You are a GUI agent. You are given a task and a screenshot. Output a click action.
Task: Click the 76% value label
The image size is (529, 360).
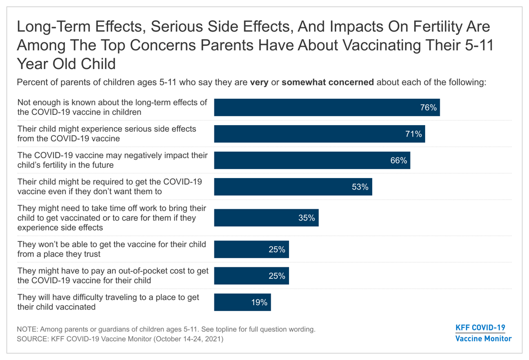[x=428, y=108]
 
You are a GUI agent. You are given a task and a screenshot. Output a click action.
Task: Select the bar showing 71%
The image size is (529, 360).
[x=319, y=134]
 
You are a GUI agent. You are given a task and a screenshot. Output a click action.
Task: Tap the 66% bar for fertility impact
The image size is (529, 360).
[x=312, y=161]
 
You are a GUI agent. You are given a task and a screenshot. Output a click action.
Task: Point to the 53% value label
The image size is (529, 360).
[x=360, y=187]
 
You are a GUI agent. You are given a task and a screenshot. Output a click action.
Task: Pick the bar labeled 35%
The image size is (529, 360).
[x=266, y=218]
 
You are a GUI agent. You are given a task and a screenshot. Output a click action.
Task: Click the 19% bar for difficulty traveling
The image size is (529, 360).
[x=243, y=302]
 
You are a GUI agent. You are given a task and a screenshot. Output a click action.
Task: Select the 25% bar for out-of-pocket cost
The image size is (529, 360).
[x=251, y=276]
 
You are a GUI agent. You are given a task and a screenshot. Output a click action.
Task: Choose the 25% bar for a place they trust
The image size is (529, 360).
[x=251, y=249]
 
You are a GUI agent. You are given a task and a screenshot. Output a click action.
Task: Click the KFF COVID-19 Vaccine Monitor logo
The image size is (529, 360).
[x=483, y=333]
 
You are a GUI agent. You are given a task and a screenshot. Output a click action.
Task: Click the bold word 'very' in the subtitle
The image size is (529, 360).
[x=259, y=82]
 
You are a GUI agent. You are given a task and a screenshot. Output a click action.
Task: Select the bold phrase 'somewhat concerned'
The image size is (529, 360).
[x=328, y=82]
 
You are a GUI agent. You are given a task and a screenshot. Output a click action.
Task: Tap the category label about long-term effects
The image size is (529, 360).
[x=112, y=108]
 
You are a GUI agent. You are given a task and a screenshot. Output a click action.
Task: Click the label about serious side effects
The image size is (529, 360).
[x=106, y=134]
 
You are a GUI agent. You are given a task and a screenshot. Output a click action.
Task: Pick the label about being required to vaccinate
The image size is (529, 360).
[x=110, y=187]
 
